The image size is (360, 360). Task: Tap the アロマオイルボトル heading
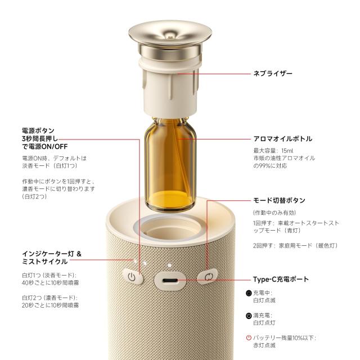(x=283, y=138)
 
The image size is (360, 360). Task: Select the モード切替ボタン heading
(x=280, y=200)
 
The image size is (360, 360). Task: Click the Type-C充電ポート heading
(x=280, y=279)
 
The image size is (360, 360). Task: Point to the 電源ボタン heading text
(x=34, y=130)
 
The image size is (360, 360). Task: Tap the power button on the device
(x=132, y=277)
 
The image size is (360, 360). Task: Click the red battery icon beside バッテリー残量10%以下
(x=249, y=338)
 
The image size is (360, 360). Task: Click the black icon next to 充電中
(x=249, y=293)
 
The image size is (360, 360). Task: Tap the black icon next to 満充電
(x=249, y=316)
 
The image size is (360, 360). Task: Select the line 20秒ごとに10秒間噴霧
(x=51, y=305)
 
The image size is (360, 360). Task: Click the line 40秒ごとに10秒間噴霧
(x=51, y=283)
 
